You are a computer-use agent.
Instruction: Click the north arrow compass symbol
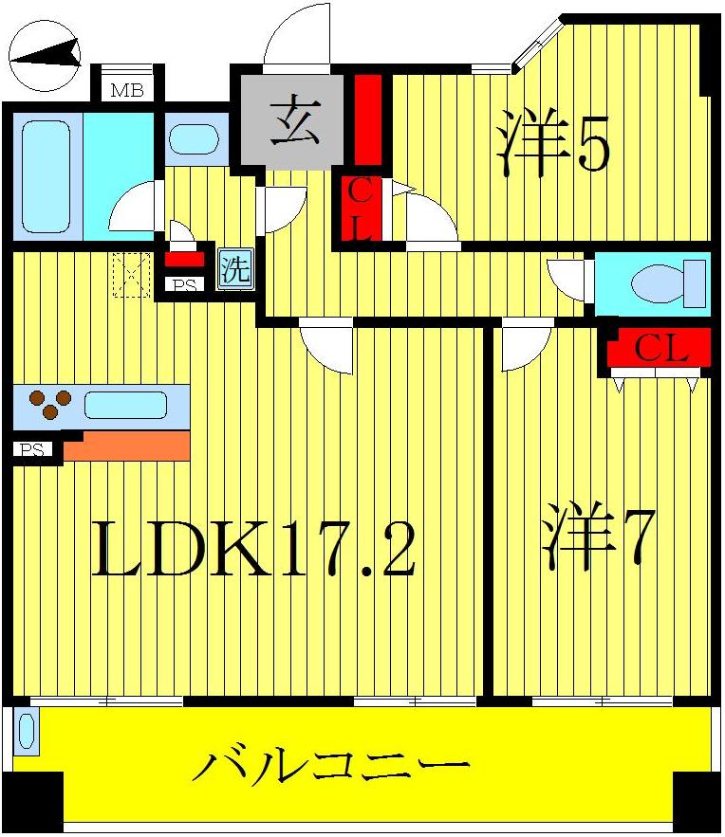(45, 57)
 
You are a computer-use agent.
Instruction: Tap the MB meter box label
(125, 91)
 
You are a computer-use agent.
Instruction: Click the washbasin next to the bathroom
(195, 139)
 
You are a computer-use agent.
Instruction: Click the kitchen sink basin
(125, 406)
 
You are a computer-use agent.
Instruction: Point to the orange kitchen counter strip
(126, 445)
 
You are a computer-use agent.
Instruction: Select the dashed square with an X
(132, 275)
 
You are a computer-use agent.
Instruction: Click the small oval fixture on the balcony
(26, 733)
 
